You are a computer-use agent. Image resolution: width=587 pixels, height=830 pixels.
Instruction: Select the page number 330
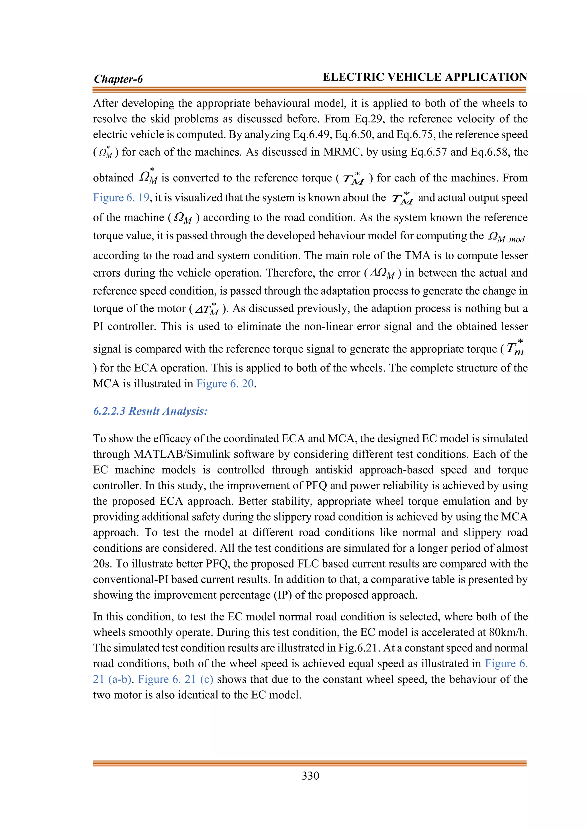pyautogui.click(x=310, y=776)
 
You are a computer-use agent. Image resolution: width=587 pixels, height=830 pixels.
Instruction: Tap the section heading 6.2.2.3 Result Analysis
pyautogui.click(x=150, y=411)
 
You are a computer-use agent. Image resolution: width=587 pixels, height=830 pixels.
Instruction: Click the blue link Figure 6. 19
pyautogui.click(x=121, y=198)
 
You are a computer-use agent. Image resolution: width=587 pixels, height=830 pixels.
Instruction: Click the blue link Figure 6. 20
pyautogui.click(x=225, y=383)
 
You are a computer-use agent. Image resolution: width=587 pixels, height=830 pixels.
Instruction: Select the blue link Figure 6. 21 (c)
pyautogui.click(x=175, y=679)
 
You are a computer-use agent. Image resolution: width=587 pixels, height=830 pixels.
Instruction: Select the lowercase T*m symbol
pyautogui.click(x=515, y=348)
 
